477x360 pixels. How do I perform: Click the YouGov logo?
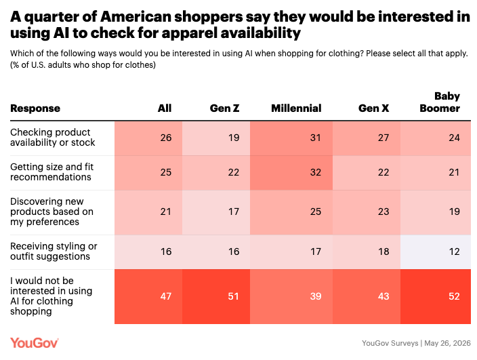[35, 343]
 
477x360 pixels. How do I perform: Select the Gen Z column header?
[224, 108]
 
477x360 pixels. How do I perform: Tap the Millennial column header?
[296, 108]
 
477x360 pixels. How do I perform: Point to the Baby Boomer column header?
[440, 102]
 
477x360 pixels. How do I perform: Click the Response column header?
[35, 108]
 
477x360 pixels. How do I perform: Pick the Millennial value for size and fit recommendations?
[316, 173]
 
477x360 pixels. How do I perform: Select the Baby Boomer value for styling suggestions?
[454, 252]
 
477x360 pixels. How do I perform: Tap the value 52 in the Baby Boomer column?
[454, 296]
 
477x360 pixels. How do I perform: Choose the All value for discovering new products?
[166, 212]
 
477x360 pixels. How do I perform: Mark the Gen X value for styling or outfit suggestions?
[383, 252]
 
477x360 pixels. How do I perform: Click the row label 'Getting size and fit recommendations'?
[51, 172]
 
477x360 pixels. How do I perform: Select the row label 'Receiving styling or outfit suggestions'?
[54, 252]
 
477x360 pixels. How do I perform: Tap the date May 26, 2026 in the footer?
[447, 343]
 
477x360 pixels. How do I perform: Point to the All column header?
[165, 108]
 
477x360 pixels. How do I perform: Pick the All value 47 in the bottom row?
[166, 296]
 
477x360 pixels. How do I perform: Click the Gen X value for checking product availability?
[383, 138]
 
